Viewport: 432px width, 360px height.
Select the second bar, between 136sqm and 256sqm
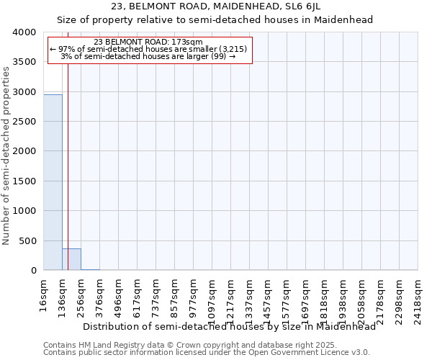click(x=71, y=259)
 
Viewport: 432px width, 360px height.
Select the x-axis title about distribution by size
click(x=230, y=326)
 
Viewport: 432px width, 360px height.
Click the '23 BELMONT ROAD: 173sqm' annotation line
click(x=149, y=42)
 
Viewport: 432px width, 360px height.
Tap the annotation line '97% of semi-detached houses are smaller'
click(x=149, y=49)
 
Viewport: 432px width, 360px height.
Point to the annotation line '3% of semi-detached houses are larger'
click(x=149, y=56)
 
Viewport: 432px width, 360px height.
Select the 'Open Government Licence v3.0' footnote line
click(x=207, y=353)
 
